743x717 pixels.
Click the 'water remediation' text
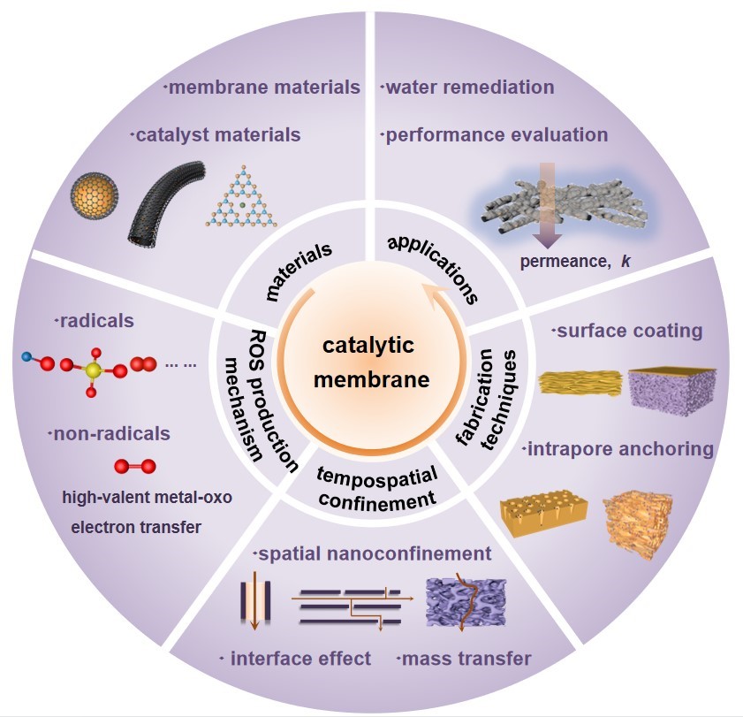click(468, 87)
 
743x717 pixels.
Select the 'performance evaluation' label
click(496, 135)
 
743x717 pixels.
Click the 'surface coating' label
click(627, 332)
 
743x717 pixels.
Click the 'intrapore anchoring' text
click(618, 449)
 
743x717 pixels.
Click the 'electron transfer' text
click(125, 527)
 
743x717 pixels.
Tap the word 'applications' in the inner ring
click(432, 269)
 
